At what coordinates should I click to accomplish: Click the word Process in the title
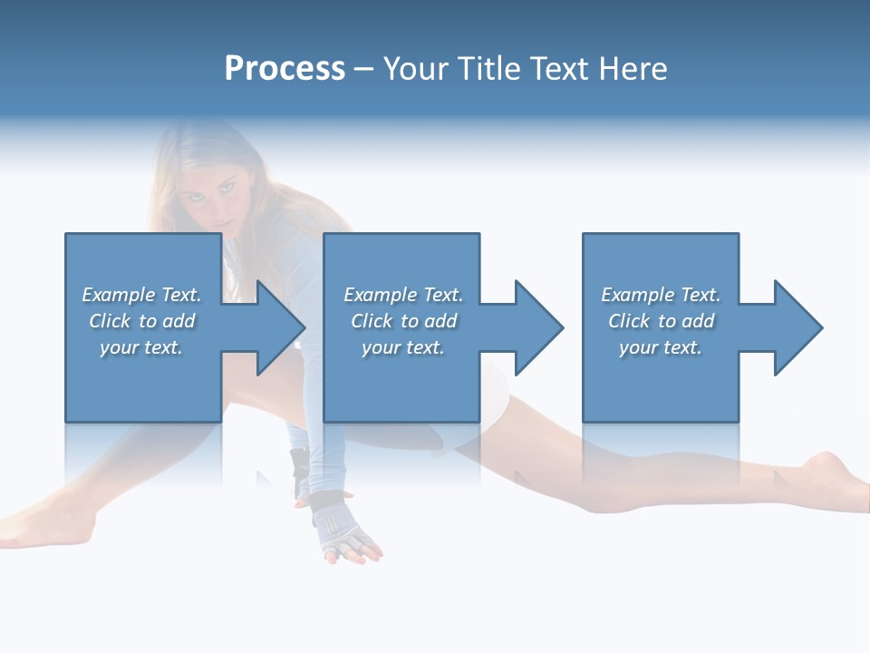[285, 69]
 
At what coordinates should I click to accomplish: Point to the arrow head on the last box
[797, 327]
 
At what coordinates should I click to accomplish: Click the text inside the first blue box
[141, 321]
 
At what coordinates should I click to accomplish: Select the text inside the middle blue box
[402, 321]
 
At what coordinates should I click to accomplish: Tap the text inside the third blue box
[661, 321]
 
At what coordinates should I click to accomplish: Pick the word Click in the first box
[110, 321]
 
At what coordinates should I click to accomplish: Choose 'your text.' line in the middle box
[402, 347]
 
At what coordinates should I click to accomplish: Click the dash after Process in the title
[363, 69]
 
